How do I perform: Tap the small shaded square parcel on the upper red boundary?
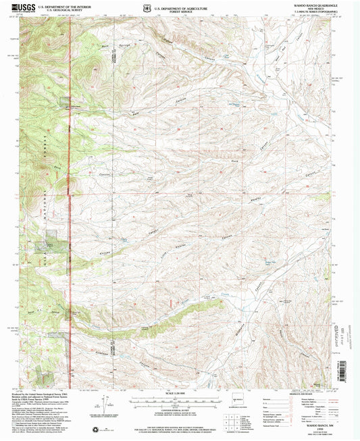click(65, 102)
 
